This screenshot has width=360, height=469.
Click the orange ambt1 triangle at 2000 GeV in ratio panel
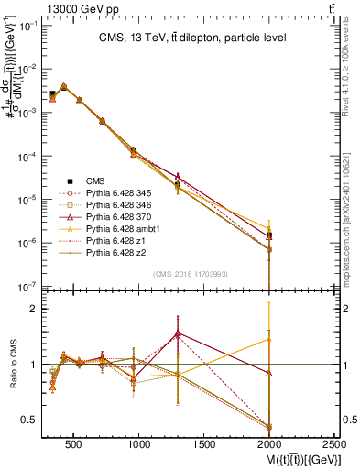(268, 340)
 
